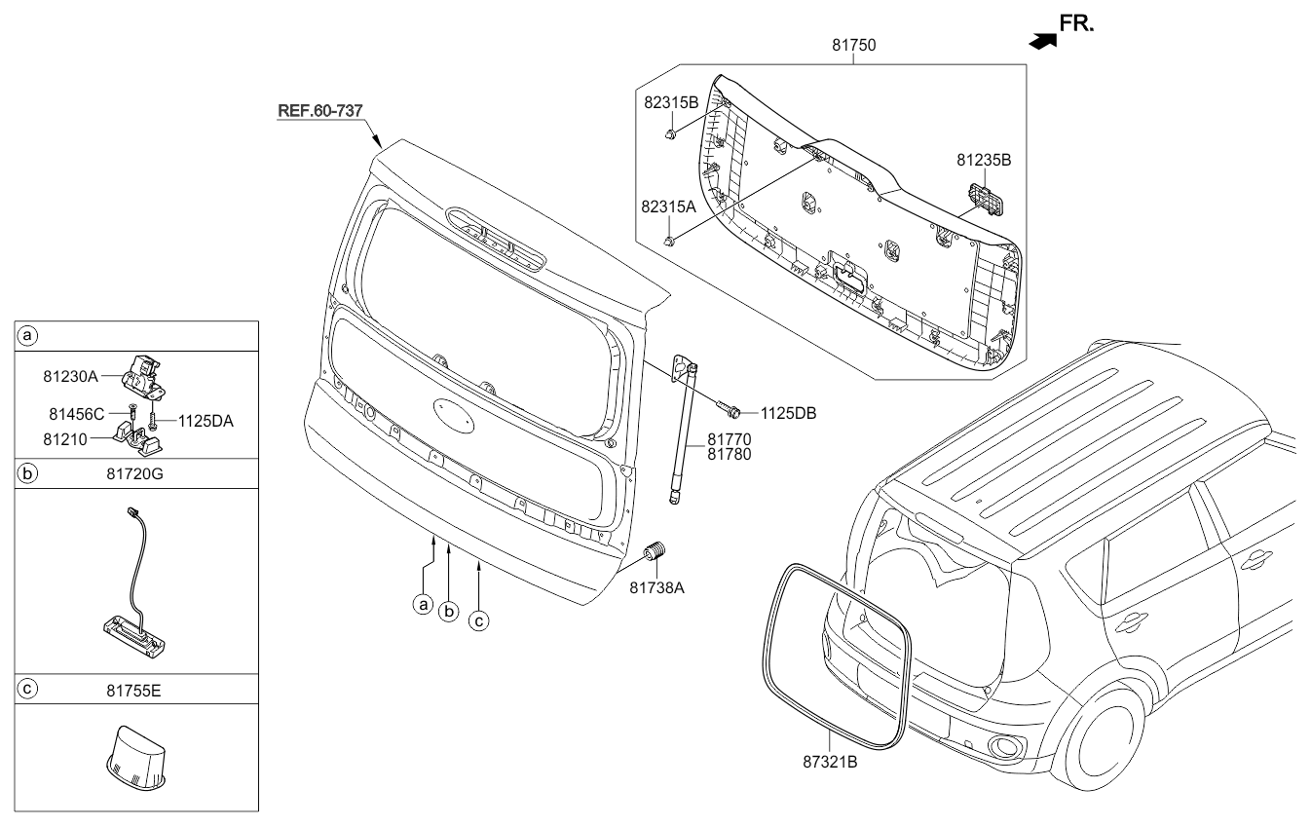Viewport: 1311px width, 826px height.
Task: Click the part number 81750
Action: (x=853, y=45)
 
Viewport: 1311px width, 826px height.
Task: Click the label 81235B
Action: (x=983, y=159)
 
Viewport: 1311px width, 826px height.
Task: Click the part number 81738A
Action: (x=657, y=587)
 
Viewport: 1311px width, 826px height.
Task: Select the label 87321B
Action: (x=829, y=762)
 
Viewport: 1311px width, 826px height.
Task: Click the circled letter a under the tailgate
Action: (x=422, y=604)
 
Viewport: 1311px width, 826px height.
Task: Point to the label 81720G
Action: (x=137, y=474)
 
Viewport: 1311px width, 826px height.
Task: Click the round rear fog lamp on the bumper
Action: (x=1003, y=748)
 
